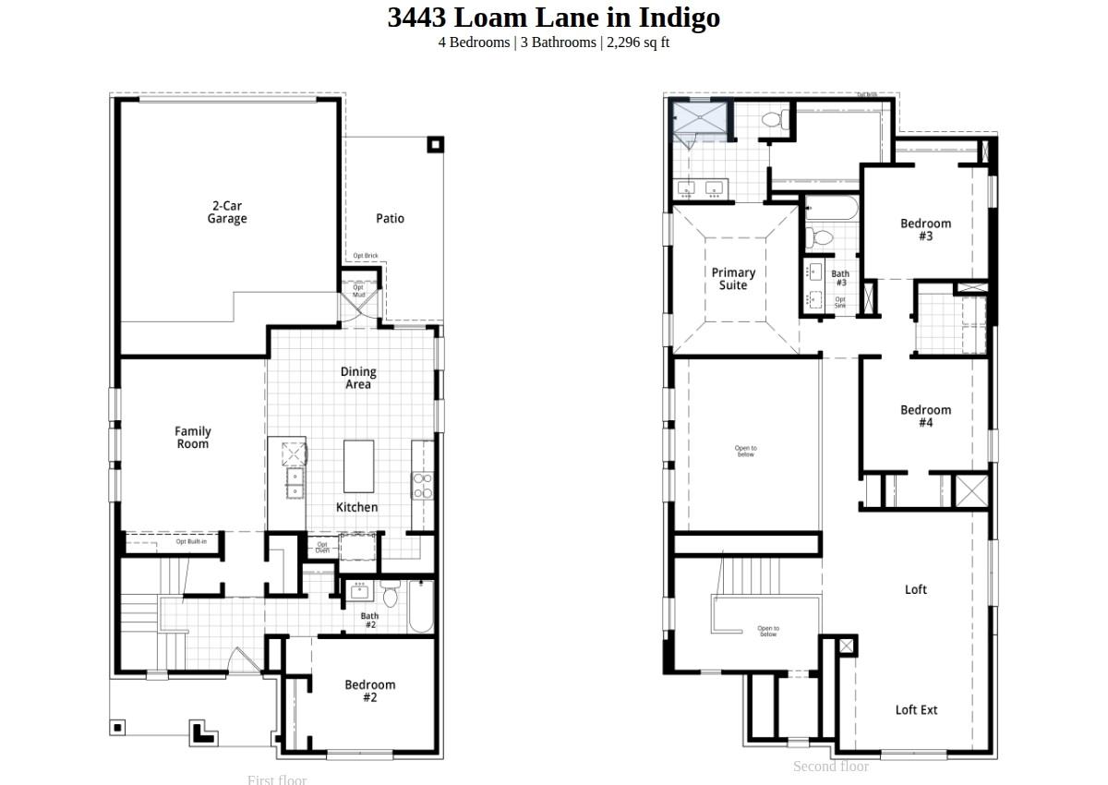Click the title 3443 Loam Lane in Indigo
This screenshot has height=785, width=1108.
click(x=553, y=18)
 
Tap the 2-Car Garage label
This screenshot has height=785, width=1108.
click(x=227, y=212)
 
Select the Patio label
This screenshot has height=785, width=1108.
click(x=390, y=219)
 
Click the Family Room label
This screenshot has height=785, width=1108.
click(x=193, y=438)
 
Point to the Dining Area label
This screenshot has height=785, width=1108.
click(x=358, y=378)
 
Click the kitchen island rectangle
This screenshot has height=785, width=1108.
click(x=358, y=466)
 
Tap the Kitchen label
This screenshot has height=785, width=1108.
click(x=356, y=507)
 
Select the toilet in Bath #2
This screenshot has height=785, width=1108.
click(x=390, y=595)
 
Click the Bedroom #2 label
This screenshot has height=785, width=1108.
click(x=369, y=691)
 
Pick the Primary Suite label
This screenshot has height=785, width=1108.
click(x=733, y=279)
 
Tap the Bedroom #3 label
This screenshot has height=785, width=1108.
click(x=925, y=229)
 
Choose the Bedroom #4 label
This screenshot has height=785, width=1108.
click(x=925, y=417)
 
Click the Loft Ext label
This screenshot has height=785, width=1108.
click(x=916, y=710)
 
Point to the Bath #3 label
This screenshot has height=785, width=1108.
click(x=840, y=278)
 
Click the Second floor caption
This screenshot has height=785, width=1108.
click(x=830, y=767)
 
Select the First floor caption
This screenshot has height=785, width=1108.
click(x=276, y=779)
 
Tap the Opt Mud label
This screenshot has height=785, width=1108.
click(x=359, y=291)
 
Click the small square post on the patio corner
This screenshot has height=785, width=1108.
click(x=435, y=144)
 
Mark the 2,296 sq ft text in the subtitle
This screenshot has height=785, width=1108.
click(x=638, y=42)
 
